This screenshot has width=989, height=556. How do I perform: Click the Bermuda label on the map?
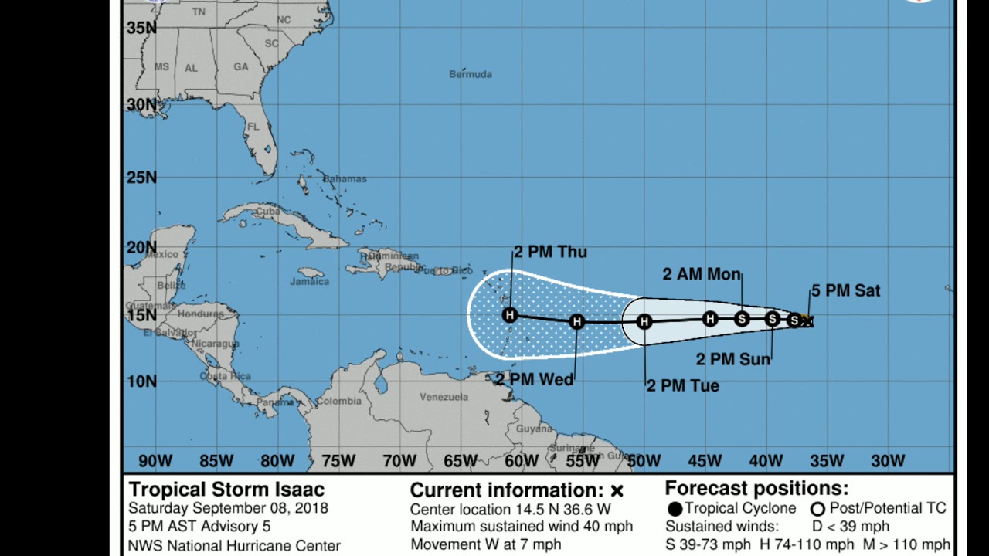[x=471, y=74]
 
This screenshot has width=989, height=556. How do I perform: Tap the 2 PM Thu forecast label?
[x=550, y=252]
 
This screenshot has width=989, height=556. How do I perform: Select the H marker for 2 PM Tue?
[x=644, y=321]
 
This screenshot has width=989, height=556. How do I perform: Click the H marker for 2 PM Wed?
[x=576, y=321]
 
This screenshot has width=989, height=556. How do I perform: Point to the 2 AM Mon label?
[x=702, y=274]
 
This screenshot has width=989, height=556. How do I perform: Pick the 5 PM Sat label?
[x=845, y=291]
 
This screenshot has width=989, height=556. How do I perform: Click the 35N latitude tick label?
[x=141, y=28]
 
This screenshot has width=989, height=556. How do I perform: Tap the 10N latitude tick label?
[x=141, y=381]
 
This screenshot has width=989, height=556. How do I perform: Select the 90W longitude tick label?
[x=155, y=461]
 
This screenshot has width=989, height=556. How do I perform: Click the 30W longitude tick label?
[x=888, y=461]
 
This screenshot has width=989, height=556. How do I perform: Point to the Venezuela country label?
[x=444, y=397]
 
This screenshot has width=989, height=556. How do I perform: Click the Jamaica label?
[x=310, y=281]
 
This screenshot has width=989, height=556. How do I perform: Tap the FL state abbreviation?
[x=253, y=127]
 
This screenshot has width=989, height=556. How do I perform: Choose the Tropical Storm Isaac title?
[x=226, y=490]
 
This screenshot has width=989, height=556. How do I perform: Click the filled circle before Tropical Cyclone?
[x=675, y=509]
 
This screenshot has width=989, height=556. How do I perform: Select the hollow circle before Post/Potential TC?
[x=817, y=509]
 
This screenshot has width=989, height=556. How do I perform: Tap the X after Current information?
[x=617, y=491]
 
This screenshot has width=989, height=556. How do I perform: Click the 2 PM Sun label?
[x=733, y=359]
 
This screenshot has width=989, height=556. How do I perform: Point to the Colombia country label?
[x=338, y=401]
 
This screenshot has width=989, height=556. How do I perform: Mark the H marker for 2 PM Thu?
[x=510, y=314]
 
